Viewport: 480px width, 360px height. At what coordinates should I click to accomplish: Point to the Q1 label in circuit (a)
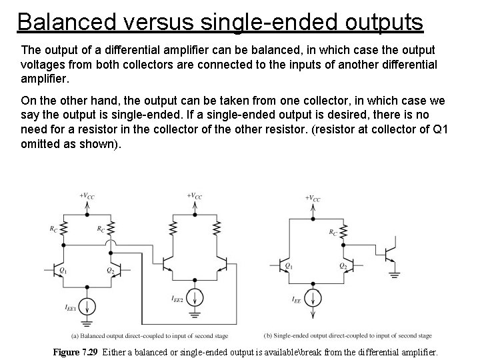click(63, 270)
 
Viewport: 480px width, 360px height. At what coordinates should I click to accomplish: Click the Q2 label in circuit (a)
click(110, 270)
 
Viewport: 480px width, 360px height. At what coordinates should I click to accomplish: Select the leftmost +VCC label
click(87, 195)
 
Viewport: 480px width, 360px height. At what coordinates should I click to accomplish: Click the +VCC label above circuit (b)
click(313, 198)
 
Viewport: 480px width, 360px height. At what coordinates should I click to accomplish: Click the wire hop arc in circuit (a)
click(114, 245)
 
